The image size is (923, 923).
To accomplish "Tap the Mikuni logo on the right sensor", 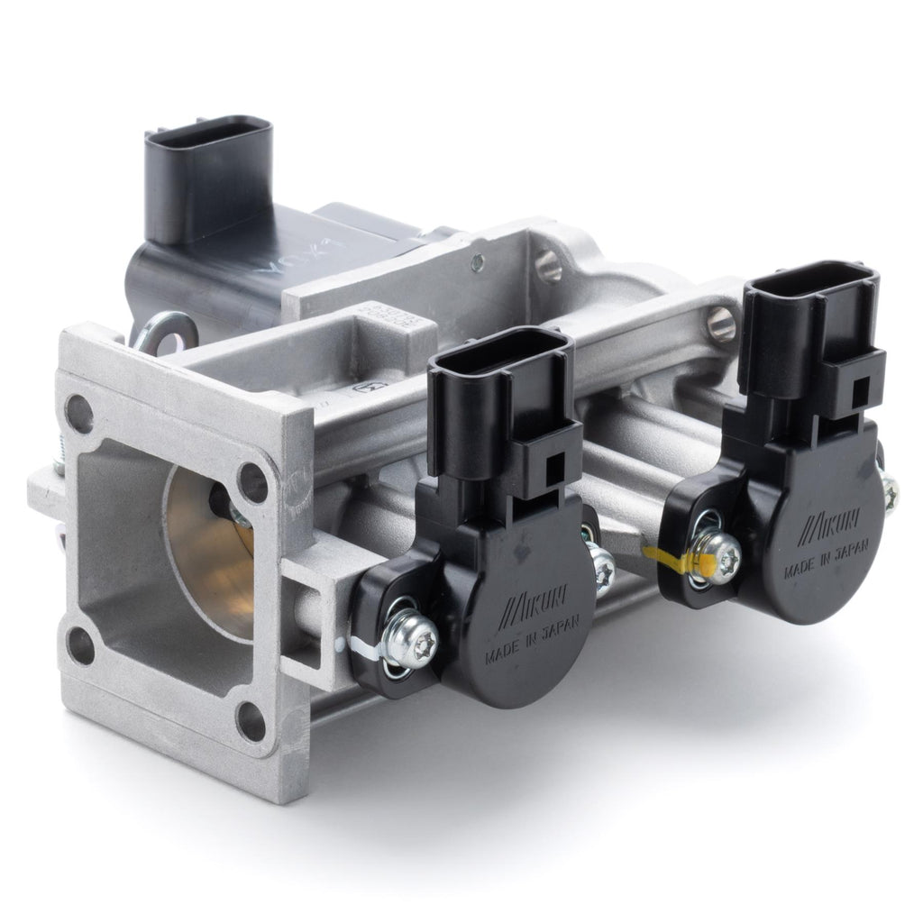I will tap(818, 522).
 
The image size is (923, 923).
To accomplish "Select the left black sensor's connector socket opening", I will tap(500, 351).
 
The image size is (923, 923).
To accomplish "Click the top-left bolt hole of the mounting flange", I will tap(80, 413).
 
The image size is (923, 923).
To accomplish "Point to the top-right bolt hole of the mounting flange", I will tap(253, 483).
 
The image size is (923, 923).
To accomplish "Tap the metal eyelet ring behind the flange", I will tap(168, 331).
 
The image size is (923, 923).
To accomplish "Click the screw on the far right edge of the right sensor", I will tap(890, 493).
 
